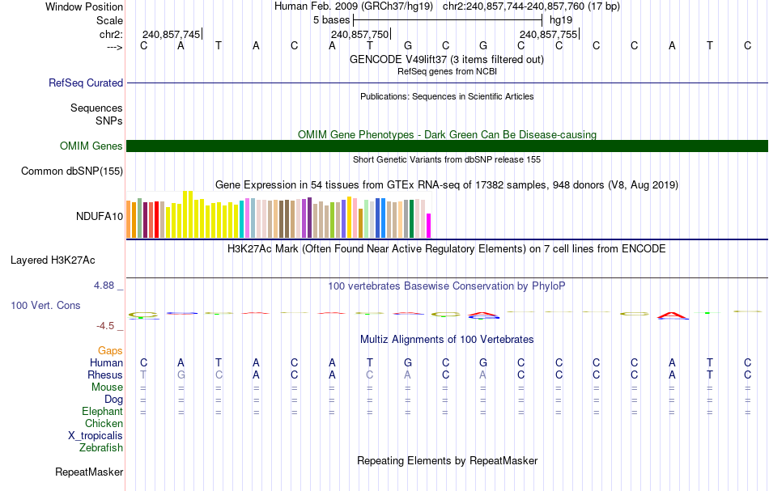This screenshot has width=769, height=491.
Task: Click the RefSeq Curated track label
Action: pos(86,83)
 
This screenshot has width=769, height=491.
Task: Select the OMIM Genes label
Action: pos(91,146)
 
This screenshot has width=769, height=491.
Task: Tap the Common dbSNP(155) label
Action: pos(72,171)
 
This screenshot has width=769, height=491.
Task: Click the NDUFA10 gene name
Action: pos(100,216)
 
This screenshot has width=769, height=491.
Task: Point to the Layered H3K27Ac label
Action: pos(53,260)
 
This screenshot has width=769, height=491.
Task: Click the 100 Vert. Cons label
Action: pos(45,306)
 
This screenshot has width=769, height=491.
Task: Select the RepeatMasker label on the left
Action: pos(89,472)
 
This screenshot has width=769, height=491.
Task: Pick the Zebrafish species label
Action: pos(101,447)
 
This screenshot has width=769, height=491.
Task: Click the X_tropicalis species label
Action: pos(96,435)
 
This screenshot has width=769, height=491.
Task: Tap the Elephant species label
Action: pos(102,411)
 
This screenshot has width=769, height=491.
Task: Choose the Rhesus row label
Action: pos(105,375)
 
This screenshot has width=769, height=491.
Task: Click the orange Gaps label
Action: pos(110,350)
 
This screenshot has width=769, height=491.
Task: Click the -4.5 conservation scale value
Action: pos(108,326)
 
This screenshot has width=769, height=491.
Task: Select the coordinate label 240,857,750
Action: pos(360,34)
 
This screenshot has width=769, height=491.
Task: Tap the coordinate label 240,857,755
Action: pos(549,34)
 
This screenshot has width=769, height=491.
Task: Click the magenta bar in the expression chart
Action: pos(429,225)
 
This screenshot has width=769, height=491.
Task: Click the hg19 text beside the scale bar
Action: pos(561,20)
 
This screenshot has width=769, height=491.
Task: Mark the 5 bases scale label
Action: pos(332,20)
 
